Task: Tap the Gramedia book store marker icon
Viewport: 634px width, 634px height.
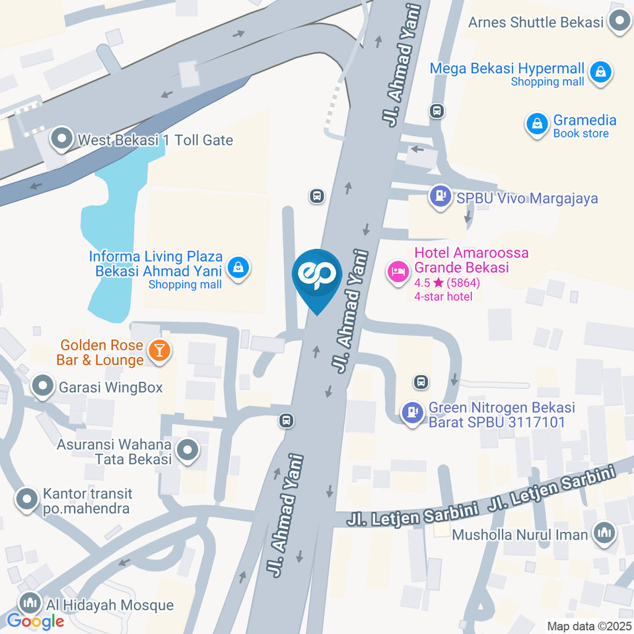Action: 537,123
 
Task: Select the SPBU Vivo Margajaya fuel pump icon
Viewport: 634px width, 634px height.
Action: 439,197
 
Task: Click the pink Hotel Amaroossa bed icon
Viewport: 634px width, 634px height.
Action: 398,271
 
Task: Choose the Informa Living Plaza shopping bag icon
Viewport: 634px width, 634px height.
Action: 237,267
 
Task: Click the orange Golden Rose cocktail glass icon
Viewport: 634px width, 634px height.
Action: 158,350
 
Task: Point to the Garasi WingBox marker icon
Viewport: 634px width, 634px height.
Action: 43,386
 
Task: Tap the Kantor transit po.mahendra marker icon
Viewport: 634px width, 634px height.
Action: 27,500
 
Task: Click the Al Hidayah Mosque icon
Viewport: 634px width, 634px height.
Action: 28,603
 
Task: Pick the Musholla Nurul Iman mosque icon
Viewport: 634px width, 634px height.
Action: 604,532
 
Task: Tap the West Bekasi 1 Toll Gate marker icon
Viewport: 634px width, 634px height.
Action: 62,139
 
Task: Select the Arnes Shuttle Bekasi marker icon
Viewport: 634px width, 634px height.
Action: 619,22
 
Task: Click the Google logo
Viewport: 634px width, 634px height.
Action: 36,621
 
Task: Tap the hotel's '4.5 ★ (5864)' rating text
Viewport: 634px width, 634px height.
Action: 446,283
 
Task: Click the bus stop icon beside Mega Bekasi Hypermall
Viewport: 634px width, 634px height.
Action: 437,110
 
